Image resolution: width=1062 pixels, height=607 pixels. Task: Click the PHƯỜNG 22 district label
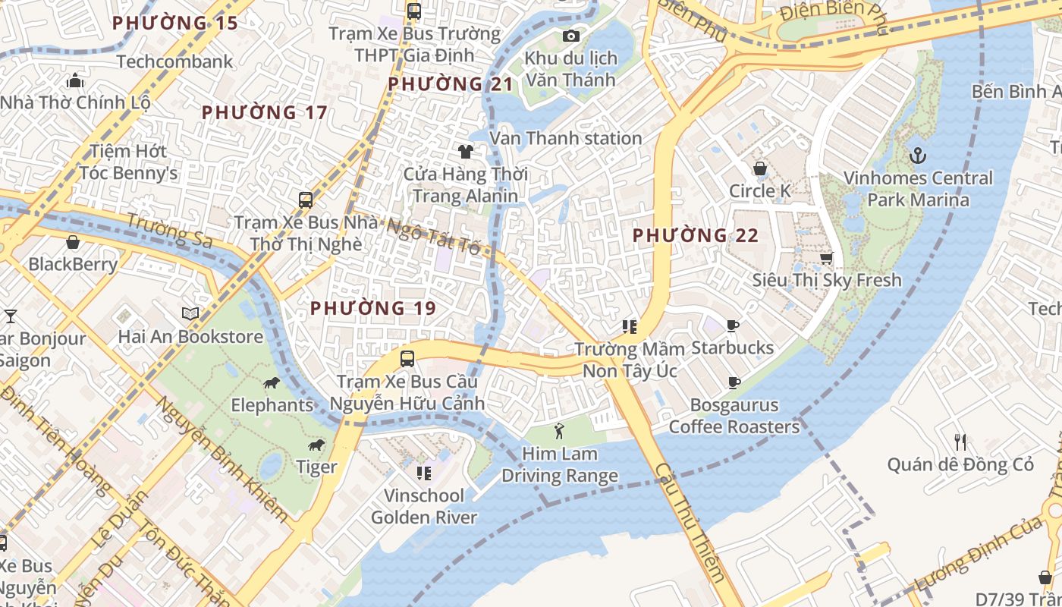tap(696, 235)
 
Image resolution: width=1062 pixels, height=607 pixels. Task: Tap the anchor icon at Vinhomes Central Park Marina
tap(918, 156)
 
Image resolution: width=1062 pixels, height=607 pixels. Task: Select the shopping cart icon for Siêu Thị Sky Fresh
tap(826, 258)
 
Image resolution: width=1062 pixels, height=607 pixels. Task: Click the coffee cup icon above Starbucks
tap(732, 326)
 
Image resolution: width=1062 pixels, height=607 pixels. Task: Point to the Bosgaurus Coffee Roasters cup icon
tap(734, 382)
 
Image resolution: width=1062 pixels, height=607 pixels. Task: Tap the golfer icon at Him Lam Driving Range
tap(559, 431)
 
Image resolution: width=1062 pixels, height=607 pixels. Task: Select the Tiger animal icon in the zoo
tap(316, 445)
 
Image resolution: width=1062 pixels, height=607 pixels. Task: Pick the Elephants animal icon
tap(272, 382)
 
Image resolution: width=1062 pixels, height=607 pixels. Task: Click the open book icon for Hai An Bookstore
tap(190, 313)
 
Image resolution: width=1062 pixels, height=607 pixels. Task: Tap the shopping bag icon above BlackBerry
tap(73, 242)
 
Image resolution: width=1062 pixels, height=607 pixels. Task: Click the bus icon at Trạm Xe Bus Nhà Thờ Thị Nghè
tap(305, 200)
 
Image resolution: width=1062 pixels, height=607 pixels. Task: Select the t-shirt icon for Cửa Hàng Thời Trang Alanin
tap(465, 152)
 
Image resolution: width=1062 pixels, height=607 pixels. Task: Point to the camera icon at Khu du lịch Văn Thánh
tap(571, 36)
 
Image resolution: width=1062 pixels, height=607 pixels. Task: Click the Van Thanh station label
tap(566, 138)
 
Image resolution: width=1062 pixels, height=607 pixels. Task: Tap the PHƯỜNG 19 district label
tap(373, 308)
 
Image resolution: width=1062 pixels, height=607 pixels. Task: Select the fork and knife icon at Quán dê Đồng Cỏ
tap(960, 442)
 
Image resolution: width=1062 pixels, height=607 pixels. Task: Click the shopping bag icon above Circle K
tap(759, 168)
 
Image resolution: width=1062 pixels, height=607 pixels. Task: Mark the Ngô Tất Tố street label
tap(433, 236)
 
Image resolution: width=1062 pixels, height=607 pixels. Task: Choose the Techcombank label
tap(175, 61)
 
